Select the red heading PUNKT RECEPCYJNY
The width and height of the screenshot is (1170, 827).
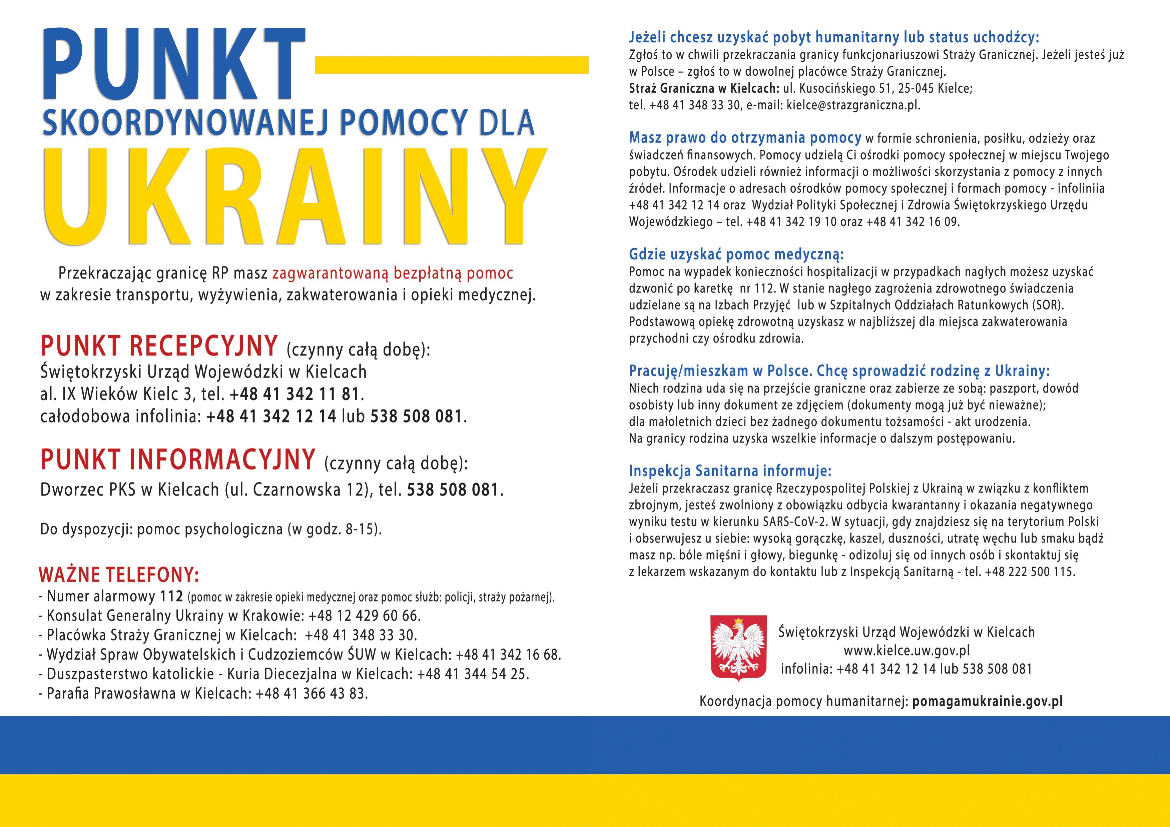[159, 346]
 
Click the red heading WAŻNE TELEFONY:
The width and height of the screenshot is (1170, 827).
[119, 575]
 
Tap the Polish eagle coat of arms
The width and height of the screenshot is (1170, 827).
[738, 648]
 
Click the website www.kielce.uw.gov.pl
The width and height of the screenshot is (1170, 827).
[907, 651]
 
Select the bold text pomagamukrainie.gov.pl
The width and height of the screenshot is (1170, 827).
[987, 701]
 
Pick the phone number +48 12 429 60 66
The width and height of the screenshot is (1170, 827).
[364, 616]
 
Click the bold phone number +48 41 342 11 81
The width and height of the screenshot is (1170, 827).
[295, 394]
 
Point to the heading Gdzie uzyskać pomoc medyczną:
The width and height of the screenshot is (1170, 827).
[736, 254]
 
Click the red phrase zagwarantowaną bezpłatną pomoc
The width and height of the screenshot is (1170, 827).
[392, 274]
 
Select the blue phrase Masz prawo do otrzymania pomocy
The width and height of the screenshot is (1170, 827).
[744, 138]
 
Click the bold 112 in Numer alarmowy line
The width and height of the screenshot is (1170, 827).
[171, 596]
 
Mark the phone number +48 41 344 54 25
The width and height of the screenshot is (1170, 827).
[472, 674]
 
